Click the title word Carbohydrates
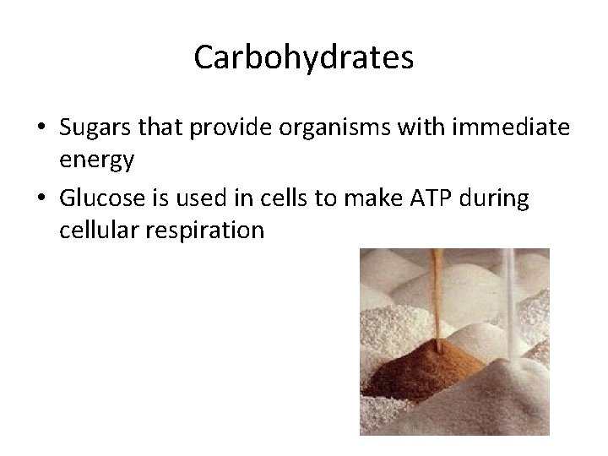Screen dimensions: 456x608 coord(304,57)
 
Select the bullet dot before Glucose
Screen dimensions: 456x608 coord(40,202)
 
